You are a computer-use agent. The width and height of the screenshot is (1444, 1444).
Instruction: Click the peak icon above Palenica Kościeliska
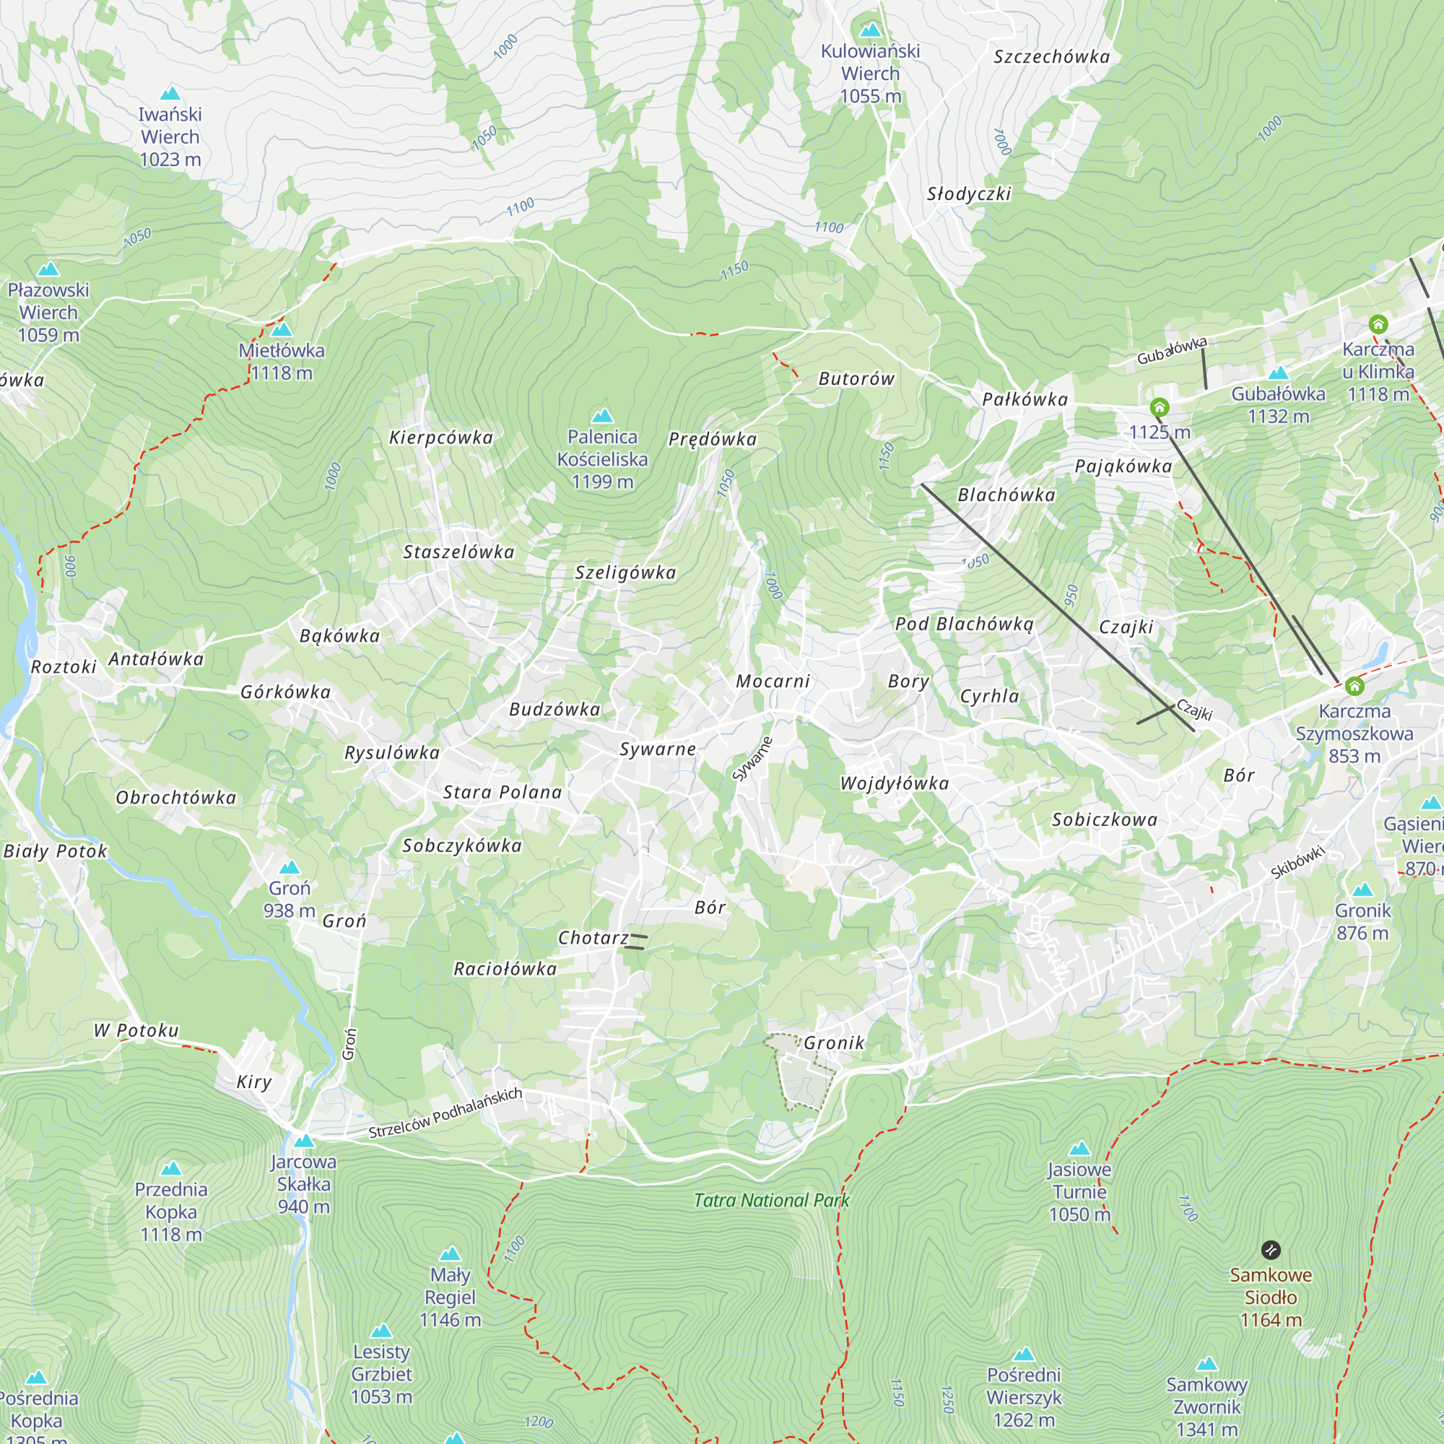tap(601, 416)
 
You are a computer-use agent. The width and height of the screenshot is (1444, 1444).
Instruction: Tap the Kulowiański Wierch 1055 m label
tap(870, 73)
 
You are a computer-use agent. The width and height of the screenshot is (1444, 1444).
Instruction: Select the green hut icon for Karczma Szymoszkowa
tap(1354, 686)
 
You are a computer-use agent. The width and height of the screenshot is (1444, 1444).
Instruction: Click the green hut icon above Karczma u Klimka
tap(1378, 324)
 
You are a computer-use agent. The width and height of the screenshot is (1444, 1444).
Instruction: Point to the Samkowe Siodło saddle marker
tap(1271, 1250)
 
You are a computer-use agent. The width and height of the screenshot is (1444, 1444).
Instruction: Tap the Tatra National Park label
tap(771, 1201)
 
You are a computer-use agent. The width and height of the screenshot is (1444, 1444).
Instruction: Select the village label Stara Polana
tap(503, 792)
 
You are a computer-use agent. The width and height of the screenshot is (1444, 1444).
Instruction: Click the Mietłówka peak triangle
tap(281, 330)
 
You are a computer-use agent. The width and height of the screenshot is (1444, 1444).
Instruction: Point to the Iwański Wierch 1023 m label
tap(170, 136)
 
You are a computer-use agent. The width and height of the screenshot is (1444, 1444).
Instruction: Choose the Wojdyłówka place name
tap(895, 783)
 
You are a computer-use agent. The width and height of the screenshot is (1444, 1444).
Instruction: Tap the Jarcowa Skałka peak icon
tap(303, 1141)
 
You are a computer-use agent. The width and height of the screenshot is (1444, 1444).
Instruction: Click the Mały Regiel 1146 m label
tap(450, 1297)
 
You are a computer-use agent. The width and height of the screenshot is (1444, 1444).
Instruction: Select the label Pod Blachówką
tap(964, 624)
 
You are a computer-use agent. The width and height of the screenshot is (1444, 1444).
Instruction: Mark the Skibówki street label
tap(1297, 861)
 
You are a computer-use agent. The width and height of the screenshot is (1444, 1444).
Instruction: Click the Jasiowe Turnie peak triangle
tap(1079, 1149)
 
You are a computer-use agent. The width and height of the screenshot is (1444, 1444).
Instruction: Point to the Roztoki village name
tap(64, 666)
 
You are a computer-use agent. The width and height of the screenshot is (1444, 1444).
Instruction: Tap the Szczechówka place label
tap(1052, 57)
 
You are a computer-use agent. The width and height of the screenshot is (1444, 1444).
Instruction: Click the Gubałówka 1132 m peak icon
tap(1278, 373)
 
